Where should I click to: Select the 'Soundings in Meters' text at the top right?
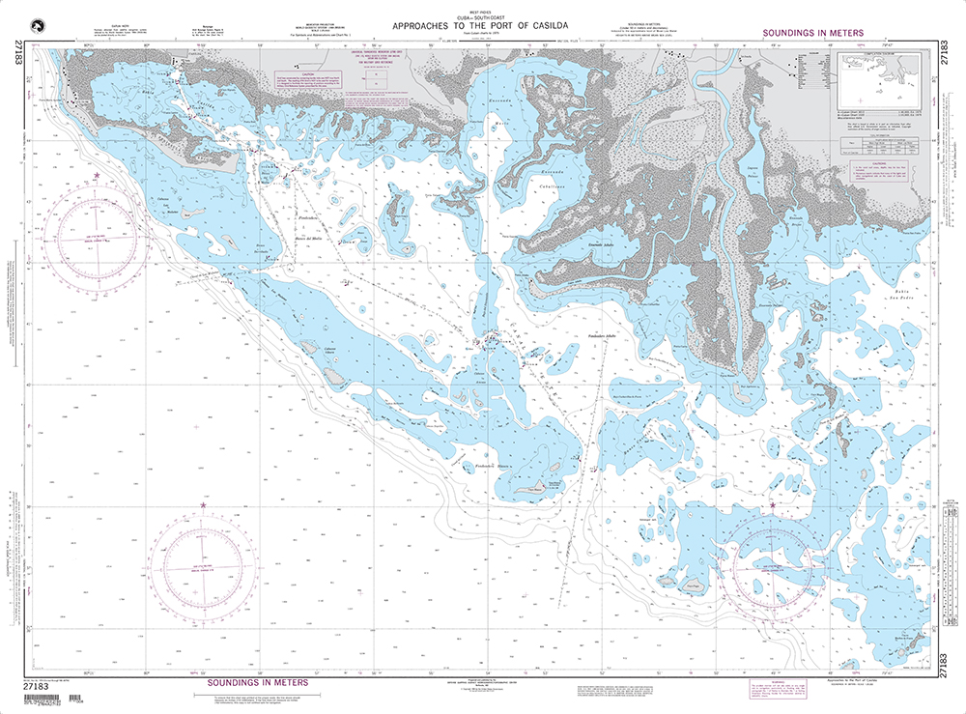[x=812, y=33]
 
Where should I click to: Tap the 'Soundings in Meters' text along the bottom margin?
[x=258, y=682]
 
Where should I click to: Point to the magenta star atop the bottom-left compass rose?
[x=203, y=505]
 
